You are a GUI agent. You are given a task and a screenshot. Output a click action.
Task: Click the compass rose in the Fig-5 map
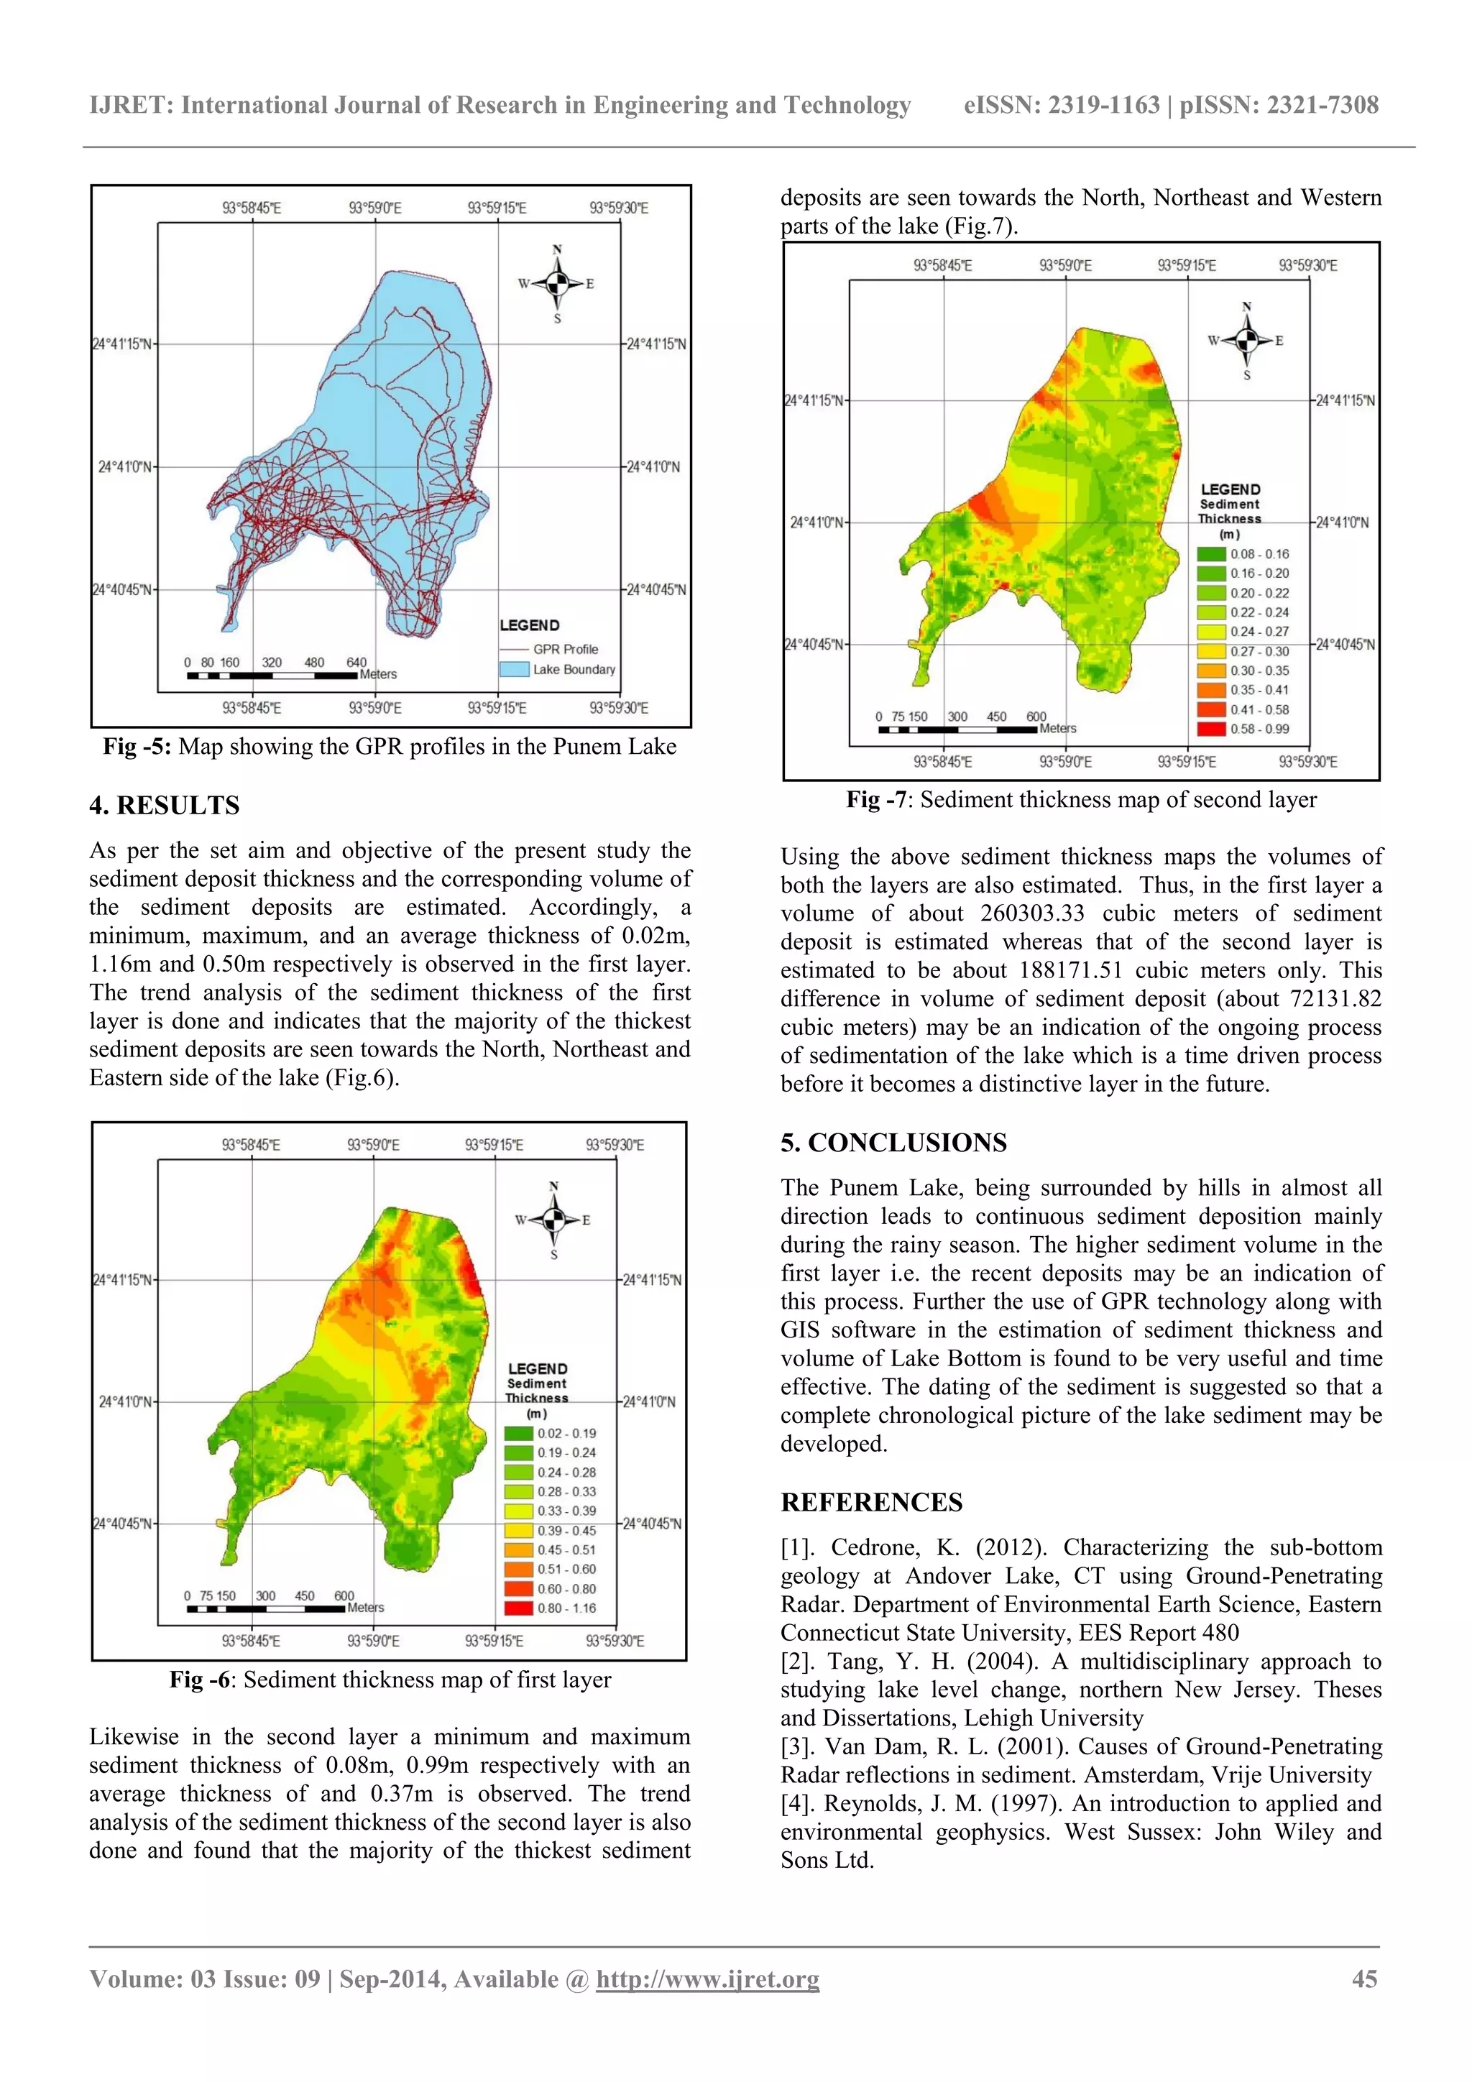click(x=558, y=284)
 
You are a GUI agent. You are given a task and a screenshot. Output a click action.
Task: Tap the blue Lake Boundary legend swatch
click(x=514, y=669)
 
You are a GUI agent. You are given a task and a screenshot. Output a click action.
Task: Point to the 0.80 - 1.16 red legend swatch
click(x=518, y=1608)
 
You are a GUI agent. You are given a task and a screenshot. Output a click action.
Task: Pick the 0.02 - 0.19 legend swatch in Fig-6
click(x=518, y=1434)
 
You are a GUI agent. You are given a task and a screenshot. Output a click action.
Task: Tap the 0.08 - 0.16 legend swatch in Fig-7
click(x=1211, y=554)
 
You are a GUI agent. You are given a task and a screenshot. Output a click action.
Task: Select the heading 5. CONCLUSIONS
click(x=893, y=1143)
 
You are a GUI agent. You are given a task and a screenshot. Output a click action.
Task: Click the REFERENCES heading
click(x=870, y=1503)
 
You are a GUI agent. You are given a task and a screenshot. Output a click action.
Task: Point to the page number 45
click(x=1364, y=1979)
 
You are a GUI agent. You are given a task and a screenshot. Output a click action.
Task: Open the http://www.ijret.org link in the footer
click(x=707, y=1979)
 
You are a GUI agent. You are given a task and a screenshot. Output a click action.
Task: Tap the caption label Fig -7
click(x=876, y=799)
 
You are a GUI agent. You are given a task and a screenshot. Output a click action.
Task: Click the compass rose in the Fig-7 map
click(x=1246, y=341)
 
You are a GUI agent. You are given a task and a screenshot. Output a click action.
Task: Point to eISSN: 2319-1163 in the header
click(x=1061, y=105)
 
